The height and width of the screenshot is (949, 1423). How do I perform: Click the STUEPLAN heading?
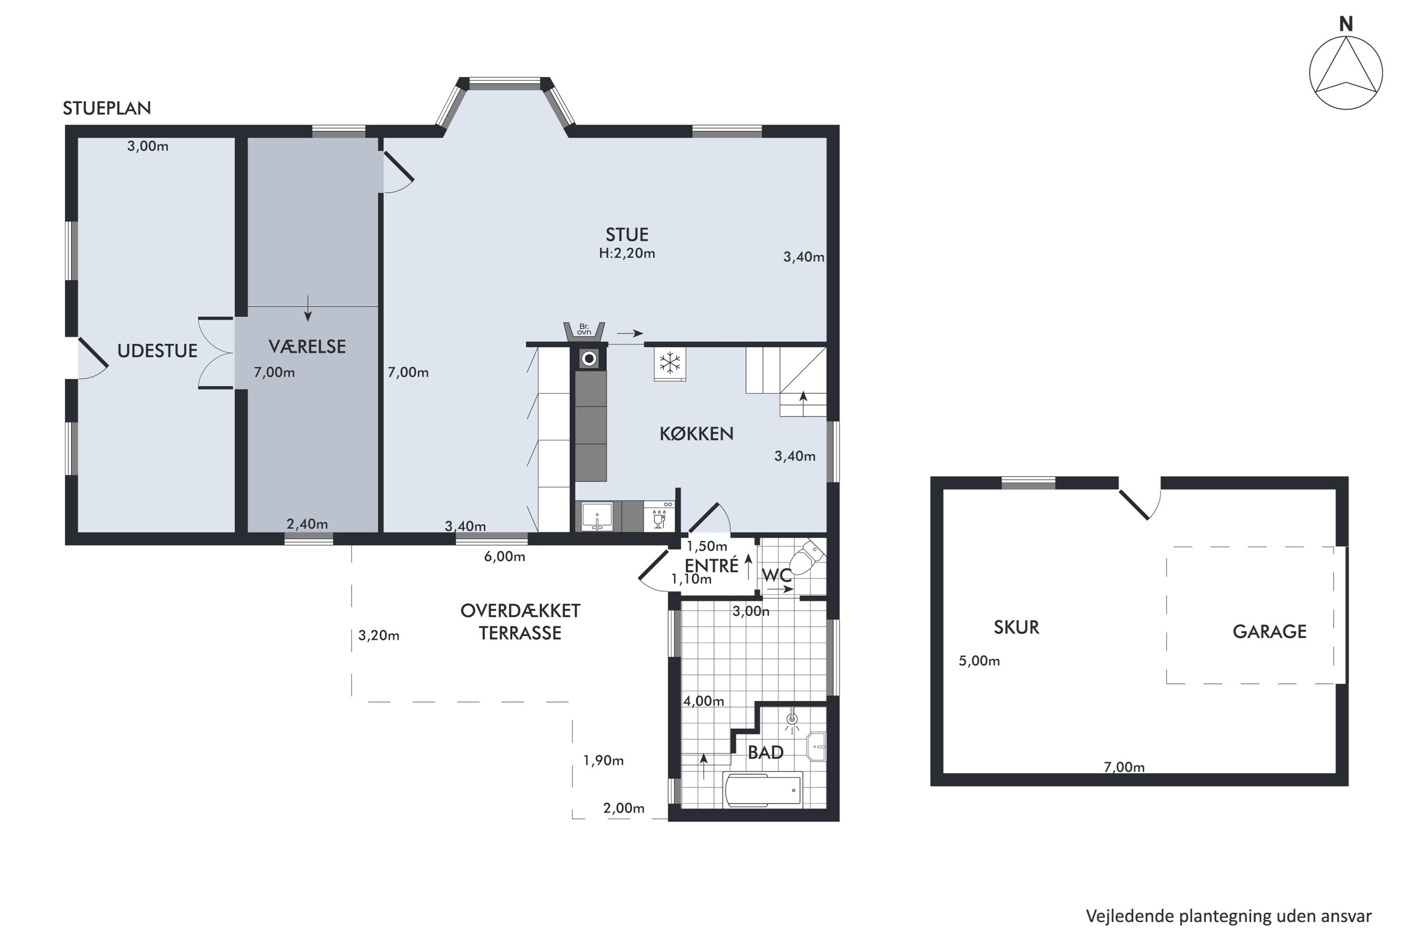(107, 108)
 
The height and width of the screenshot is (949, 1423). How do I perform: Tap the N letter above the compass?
(1346, 24)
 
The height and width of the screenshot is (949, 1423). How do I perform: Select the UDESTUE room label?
(157, 351)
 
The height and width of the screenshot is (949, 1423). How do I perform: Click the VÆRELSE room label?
(307, 347)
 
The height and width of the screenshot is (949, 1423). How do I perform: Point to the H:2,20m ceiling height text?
(627, 253)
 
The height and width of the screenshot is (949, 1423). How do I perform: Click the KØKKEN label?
(696, 434)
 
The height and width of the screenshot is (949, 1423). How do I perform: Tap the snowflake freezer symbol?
(670, 364)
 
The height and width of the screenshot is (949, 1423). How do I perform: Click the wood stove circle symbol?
(589, 359)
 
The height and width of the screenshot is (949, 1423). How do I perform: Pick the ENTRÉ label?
(711, 567)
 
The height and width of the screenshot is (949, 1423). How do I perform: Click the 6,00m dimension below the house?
(505, 557)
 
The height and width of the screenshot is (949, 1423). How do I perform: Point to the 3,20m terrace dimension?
(379, 635)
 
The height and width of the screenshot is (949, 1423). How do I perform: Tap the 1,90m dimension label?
(603, 761)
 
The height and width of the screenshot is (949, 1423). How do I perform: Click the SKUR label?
(1016, 628)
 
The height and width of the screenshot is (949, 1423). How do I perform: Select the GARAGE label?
(1269, 632)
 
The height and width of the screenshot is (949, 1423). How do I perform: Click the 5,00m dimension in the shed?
(979, 661)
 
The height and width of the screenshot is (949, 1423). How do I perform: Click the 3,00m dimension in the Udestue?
(148, 147)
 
